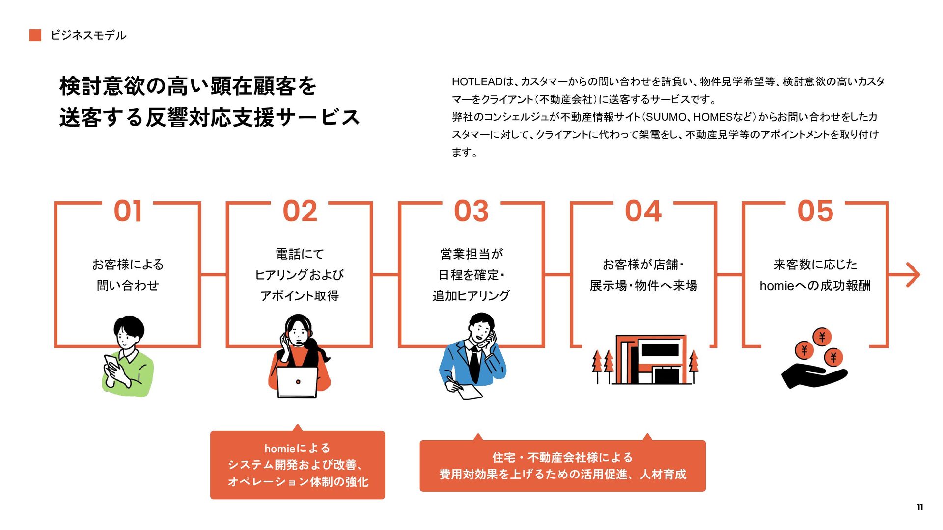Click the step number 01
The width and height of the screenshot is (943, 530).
pyautogui.click(x=128, y=211)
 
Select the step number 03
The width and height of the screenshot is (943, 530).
pyautogui.click(x=471, y=211)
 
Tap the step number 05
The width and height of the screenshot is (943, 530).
pyautogui.click(x=815, y=211)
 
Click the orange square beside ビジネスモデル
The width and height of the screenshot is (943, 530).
pyautogui.click(x=35, y=35)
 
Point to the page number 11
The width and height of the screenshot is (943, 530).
pyautogui.click(x=919, y=507)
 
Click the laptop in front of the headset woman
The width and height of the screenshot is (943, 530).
pyautogui.click(x=298, y=382)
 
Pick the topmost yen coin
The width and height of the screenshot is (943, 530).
pyautogui.click(x=822, y=337)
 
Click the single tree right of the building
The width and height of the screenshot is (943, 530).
pyautogui.click(x=693, y=366)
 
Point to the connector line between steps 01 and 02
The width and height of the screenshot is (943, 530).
pyautogui.click(x=214, y=275)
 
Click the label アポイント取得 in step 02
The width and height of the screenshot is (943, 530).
pyautogui.click(x=299, y=296)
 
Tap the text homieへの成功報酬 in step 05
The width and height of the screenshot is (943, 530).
pyautogui.click(x=815, y=286)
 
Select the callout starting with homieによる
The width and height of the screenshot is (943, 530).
pyautogui.click(x=298, y=465)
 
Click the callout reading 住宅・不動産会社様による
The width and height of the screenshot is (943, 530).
pyautogui.click(x=562, y=466)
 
